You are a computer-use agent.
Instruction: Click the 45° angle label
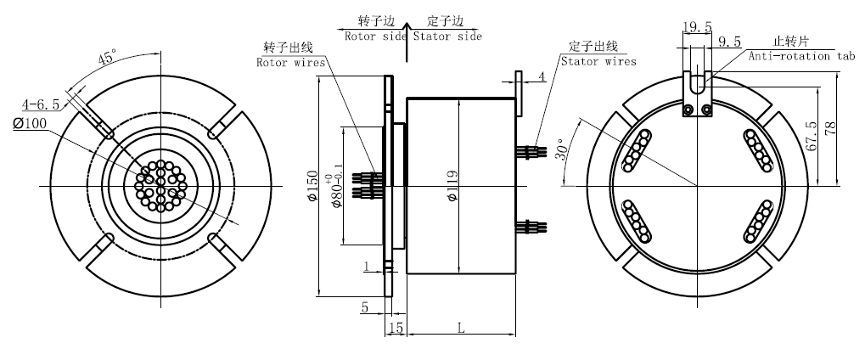(x=106, y=59)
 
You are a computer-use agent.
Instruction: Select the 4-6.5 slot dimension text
(x=41, y=104)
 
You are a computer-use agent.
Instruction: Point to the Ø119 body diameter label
(x=452, y=186)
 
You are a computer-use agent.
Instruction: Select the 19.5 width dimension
(x=696, y=27)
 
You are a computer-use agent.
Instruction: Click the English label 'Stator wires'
(x=598, y=61)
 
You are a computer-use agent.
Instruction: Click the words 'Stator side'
(x=447, y=37)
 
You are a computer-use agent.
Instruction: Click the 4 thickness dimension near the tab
(x=541, y=77)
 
